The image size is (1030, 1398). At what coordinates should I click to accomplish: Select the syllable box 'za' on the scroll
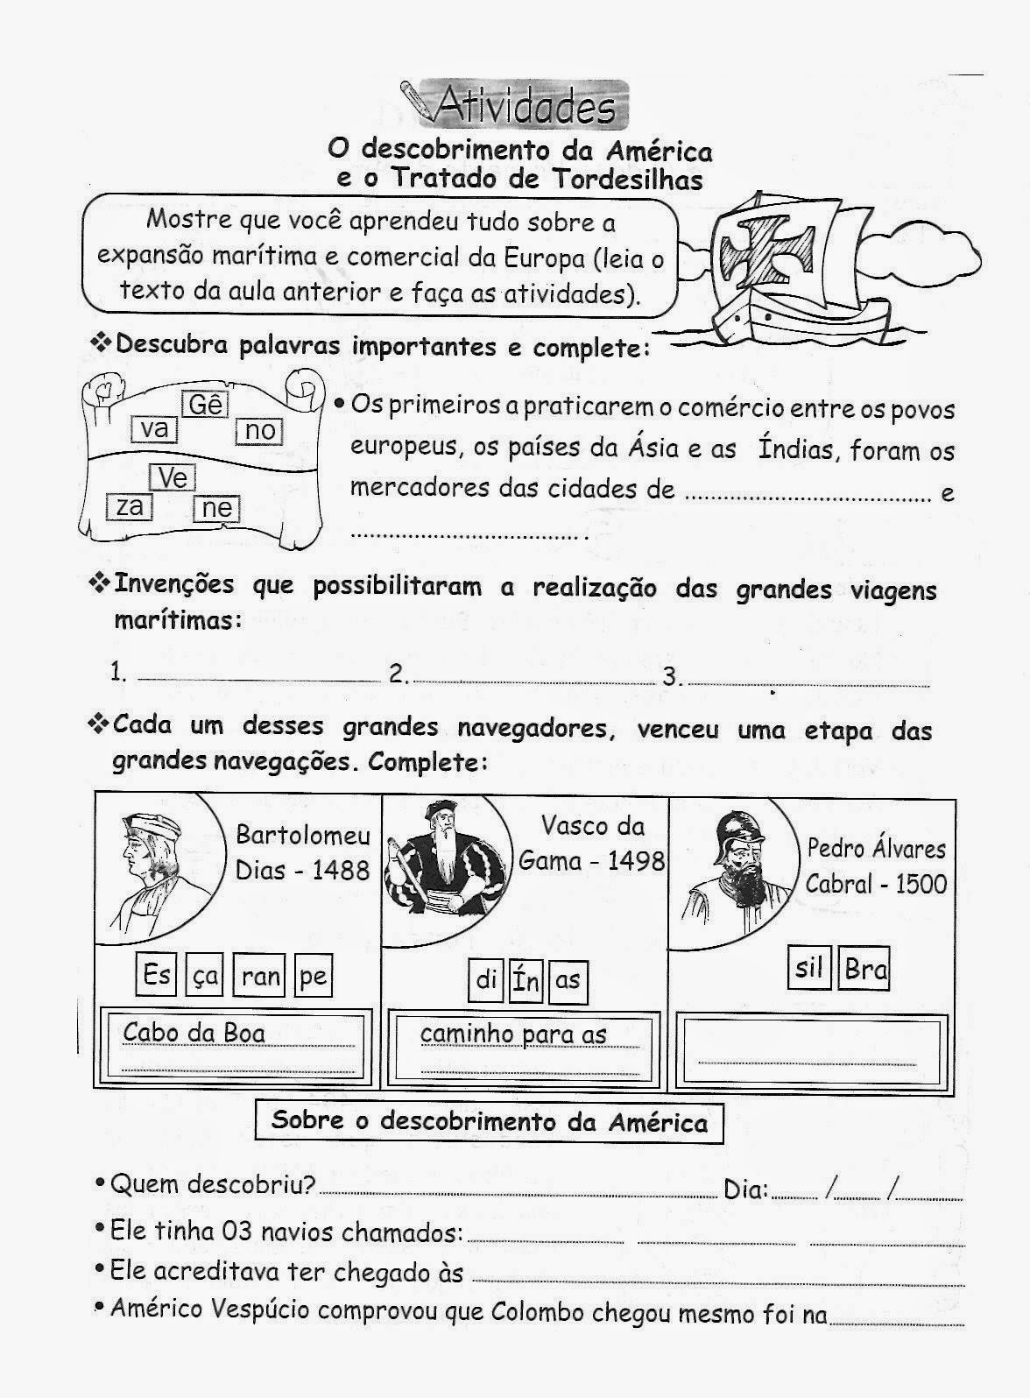pyautogui.click(x=131, y=506)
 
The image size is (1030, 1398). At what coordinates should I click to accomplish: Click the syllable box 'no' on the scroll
pyautogui.click(x=260, y=430)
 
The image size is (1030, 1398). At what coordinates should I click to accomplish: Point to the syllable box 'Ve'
pyautogui.click(x=173, y=477)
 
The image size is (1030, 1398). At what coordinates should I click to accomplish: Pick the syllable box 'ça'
pyautogui.click(x=205, y=975)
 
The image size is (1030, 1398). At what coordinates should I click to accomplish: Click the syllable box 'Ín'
pyautogui.click(x=526, y=980)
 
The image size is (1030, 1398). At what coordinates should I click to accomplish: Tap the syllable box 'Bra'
pyautogui.click(x=865, y=970)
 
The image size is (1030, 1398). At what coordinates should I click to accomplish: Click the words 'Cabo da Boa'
pyautogui.click(x=194, y=1032)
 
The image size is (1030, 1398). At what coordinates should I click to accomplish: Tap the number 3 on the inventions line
pyautogui.click(x=672, y=676)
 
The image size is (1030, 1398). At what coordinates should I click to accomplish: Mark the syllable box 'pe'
pyautogui.click(x=313, y=976)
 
